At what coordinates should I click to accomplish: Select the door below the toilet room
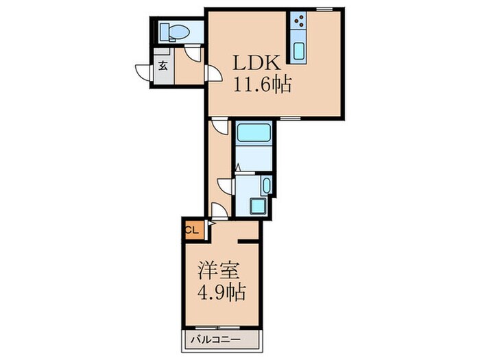(x=194, y=54)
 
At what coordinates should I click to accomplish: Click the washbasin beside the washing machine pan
(x=267, y=183)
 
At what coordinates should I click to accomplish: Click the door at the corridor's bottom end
(x=218, y=211)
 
